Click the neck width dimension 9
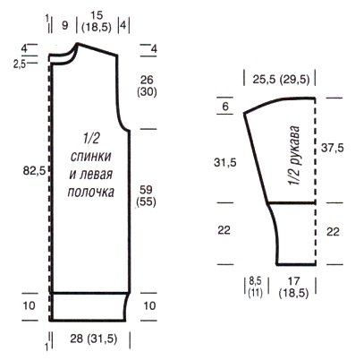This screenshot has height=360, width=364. (x=65, y=25)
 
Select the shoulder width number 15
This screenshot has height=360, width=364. (x=97, y=15)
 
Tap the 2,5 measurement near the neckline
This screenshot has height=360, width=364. (x=20, y=64)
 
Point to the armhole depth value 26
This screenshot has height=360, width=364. (x=147, y=80)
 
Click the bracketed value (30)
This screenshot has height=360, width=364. (x=147, y=92)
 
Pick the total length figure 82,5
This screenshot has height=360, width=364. (x=34, y=171)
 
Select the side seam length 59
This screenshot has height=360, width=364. (x=146, y=190)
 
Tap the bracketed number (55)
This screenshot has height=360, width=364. (x=146, y=202)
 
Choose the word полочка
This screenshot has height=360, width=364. (x=91, y=192)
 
